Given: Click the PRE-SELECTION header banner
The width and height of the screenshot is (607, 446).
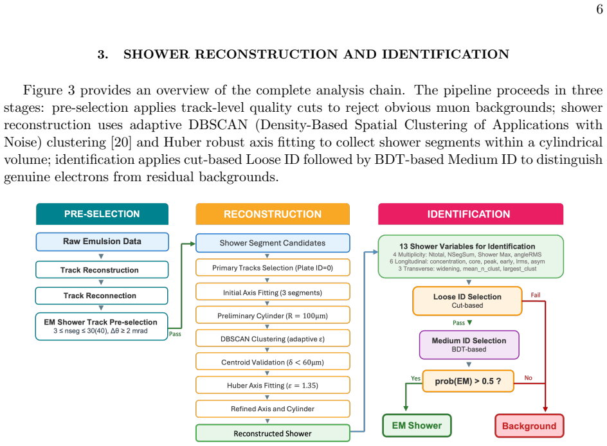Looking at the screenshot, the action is (102, 214).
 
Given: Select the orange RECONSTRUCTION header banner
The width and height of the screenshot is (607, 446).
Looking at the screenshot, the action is (273, 214).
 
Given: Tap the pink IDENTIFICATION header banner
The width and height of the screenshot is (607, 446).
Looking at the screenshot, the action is (470, 214).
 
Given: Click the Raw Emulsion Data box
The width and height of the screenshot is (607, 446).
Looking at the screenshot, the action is (102, 242).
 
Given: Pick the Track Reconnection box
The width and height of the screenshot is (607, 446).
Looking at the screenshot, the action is (102, 296).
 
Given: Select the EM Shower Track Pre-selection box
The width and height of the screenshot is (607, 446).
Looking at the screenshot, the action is (102, 326).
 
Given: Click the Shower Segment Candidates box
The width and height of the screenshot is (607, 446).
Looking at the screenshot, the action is (273, 243).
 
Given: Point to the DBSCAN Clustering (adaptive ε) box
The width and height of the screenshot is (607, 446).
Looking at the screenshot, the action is (273, 339).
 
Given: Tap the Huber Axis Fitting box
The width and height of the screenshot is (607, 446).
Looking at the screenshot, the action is (273, 386).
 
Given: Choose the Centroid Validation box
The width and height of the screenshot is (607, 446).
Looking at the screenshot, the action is (273, 362).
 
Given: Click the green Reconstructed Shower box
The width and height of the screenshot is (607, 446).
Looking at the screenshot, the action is (273, 433).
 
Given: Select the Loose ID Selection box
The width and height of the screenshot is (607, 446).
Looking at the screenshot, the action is (467, 301).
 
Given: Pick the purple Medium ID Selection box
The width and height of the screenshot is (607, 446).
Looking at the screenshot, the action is (469, 344).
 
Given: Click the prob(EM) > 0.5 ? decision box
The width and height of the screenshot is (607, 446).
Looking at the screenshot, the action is (468, 381).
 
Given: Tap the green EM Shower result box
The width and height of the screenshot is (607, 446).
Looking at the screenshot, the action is (417, 425).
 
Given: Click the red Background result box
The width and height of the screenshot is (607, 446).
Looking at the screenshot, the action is (529, 426).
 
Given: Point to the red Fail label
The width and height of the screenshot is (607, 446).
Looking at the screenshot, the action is (536, 295).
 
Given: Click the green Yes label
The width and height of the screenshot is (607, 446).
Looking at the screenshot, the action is (416, 379).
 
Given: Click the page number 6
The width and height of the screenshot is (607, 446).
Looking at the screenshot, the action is (599, 9).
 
